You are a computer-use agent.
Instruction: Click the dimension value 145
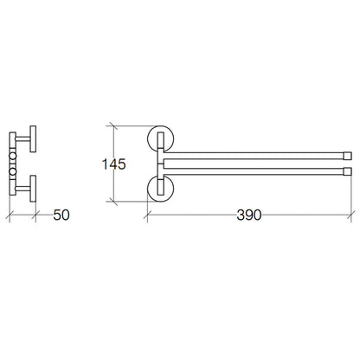[114, 164]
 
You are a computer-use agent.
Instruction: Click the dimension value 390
[249, 215]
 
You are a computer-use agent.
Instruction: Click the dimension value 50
[61, 215]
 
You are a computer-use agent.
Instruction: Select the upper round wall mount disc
[160, 139]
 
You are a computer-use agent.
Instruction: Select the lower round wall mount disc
[160, 188]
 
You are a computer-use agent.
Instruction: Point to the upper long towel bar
[254, 156]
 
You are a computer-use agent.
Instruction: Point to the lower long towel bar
[254, 171]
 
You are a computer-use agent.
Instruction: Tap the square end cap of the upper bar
[348, 156]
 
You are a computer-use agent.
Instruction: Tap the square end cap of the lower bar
[348, 171]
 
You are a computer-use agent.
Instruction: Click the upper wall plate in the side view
[33, 138]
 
